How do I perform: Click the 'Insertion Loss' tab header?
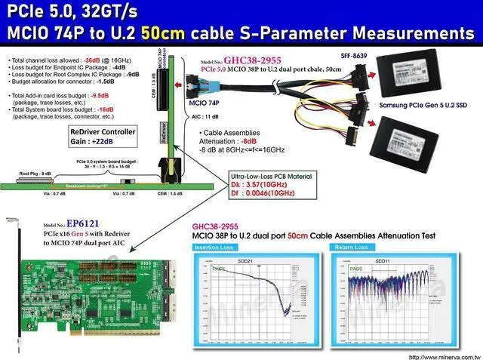214,247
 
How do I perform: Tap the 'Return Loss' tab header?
351,247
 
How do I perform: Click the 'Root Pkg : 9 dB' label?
35,174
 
